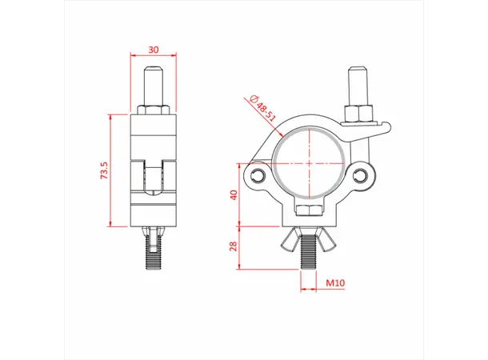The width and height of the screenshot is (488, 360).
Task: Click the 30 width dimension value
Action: pos(154,50)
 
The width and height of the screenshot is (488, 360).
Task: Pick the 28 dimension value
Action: pos(234,246)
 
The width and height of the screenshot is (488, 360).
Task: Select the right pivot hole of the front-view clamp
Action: pos(362,174)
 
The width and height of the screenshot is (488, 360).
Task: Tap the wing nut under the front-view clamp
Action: pos(308,238)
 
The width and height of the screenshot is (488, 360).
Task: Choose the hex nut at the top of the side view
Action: pos(154,108)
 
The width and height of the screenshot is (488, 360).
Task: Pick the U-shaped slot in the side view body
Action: pos(154,176)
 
